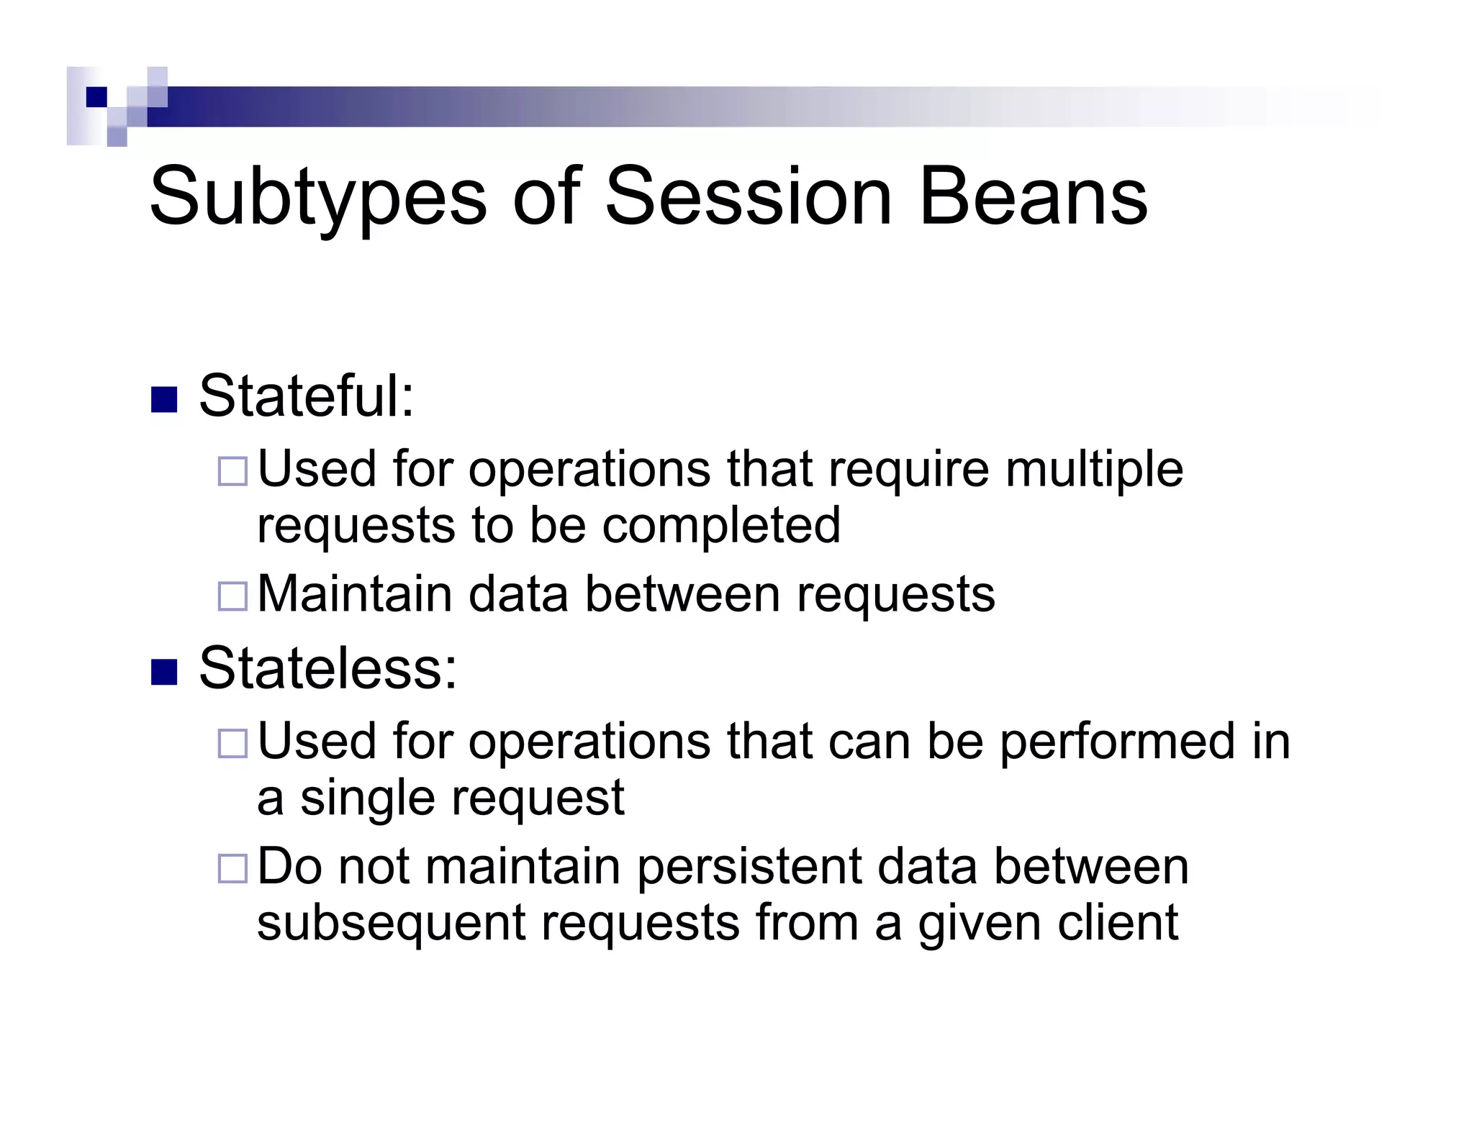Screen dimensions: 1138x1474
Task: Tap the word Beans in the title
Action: pos(1033,196)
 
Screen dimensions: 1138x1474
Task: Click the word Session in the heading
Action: pos(749,196)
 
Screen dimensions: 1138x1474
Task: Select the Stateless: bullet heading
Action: pos(327,668)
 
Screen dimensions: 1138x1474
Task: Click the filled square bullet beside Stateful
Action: pos(164,400)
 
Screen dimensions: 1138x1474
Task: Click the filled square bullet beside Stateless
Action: pos(164,672)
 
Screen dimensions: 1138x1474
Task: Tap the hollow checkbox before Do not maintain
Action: pos(232,868)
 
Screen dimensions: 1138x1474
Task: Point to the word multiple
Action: pos(1094,470)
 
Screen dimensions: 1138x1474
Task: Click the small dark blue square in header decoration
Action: pos(96,97)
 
